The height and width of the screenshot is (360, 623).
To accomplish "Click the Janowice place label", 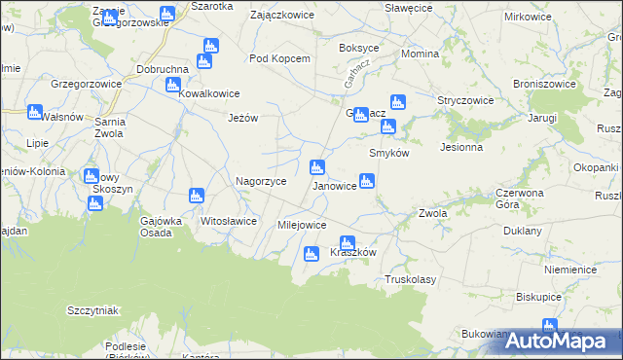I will point(333,186).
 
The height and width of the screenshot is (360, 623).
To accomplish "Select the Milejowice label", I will point(302,225).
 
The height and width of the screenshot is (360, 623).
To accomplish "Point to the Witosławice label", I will point(228,221).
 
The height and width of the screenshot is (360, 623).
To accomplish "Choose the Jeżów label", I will point(242,118).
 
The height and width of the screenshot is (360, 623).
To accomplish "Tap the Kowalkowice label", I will point(208,94).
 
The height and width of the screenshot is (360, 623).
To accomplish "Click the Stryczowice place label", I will point(466,100).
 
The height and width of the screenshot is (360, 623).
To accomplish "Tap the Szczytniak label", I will point(92,310).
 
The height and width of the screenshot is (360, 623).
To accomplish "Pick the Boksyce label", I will point(358,48).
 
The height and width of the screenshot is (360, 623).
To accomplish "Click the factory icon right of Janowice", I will point(367,180).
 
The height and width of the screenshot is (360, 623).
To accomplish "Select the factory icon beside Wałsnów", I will point(35,112).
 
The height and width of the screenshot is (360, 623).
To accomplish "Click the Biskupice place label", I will point(539,297).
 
